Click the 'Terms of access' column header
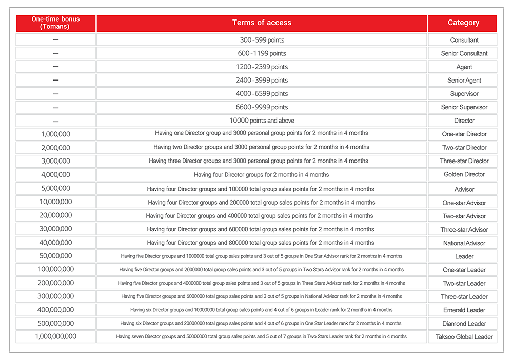click(262, 23)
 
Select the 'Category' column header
click(463, 23)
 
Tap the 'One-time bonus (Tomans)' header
click(55, 23)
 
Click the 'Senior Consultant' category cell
click(464, 53)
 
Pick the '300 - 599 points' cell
click(262, 40)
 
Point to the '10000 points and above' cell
click(262, 121)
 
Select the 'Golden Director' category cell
click(464, 174)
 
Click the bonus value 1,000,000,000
click(55, 336)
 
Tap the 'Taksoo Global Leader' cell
click(464, 337)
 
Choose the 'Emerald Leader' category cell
click(464, 310)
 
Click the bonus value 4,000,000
click(55, 174)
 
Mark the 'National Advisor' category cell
click(464, 243)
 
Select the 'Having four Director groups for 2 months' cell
click(262, 174)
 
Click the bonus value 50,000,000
click(55, 256)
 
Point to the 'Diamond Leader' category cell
click(464, 324)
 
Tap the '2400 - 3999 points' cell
click(262, 80)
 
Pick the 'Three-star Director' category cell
click(464, 161)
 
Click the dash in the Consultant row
click(55, 40)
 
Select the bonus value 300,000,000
click(55, 296)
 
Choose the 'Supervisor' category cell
click(464, 94)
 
